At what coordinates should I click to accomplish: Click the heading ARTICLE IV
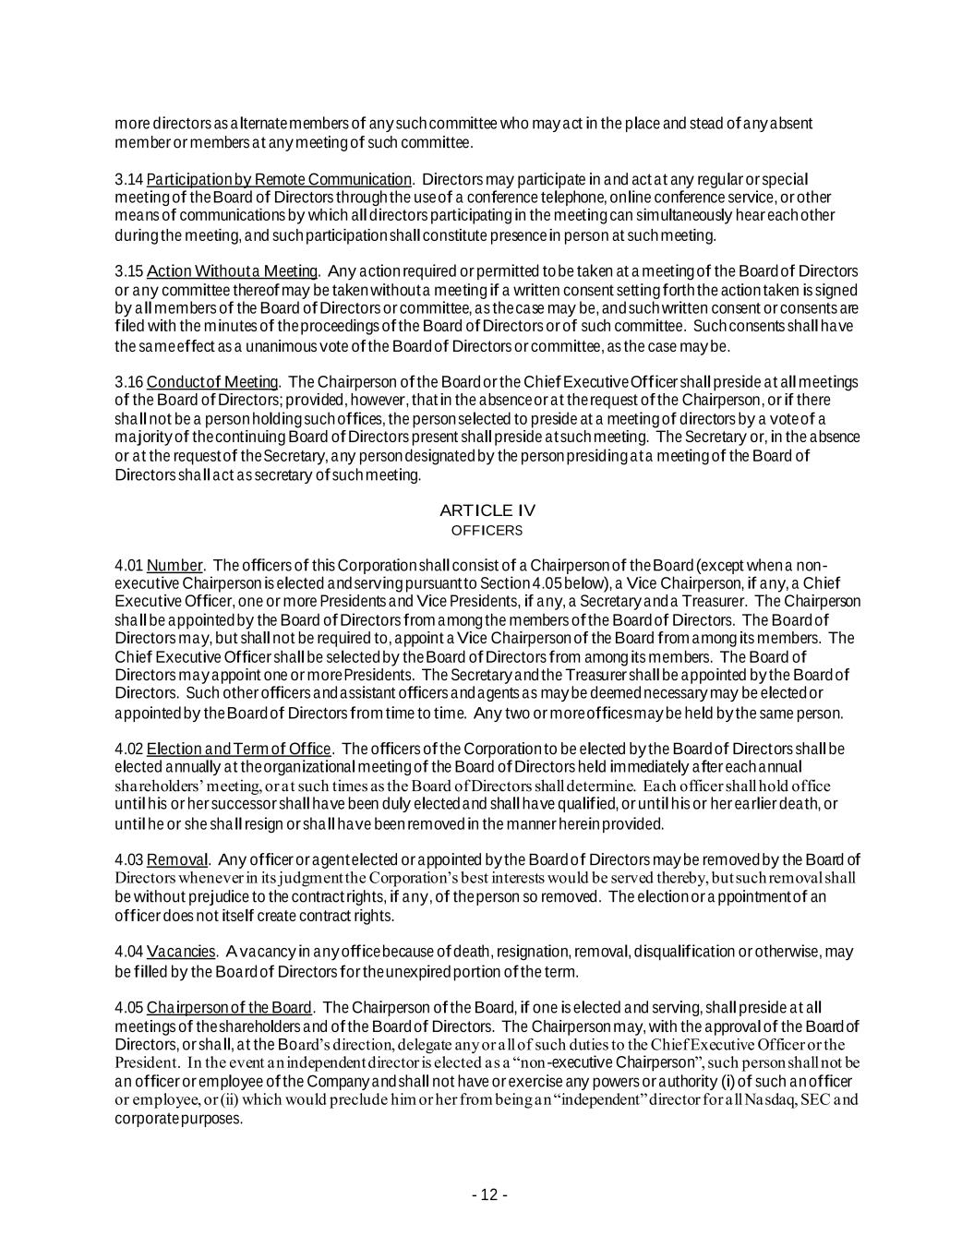[487, 510]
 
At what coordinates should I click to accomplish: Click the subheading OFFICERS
[487, 531]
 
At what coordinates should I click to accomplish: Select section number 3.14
[129, 179]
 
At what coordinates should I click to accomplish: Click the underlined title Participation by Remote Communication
[279, 179]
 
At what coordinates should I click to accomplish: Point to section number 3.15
[129, 271]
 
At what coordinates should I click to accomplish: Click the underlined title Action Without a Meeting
[233, 271]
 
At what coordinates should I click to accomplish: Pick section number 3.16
[129, 382]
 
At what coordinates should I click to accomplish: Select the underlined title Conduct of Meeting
[212, 382]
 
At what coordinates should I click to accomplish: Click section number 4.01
[129, 565]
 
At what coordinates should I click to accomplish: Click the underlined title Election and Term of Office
[238, 749]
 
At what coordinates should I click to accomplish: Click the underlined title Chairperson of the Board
[230, 1007]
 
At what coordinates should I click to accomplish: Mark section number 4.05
[129, 1007]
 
